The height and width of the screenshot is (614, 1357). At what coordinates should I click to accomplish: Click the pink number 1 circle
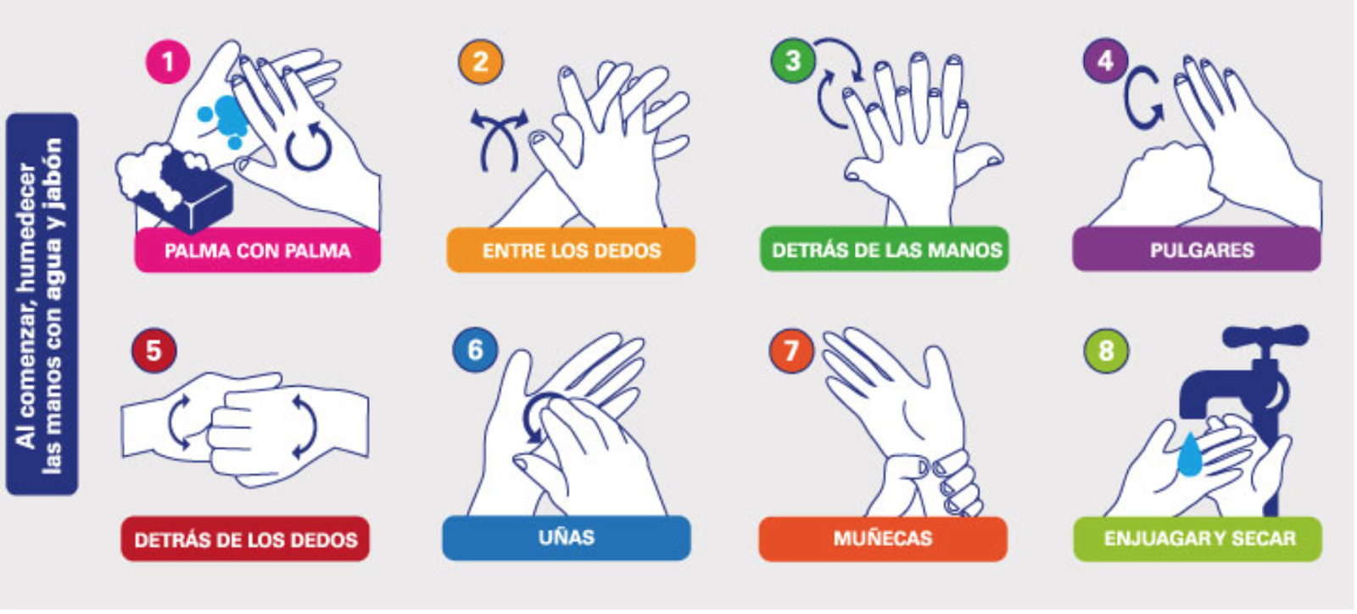point(168,61)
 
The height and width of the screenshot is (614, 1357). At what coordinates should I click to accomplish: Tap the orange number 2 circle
point(480,61)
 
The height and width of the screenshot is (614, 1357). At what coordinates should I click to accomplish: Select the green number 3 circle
point(793,60)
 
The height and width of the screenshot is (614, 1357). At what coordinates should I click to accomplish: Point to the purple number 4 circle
point(1106,60)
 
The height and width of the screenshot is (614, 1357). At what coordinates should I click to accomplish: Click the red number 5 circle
point(154,350)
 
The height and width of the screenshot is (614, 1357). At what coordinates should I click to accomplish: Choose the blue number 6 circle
point(475,349)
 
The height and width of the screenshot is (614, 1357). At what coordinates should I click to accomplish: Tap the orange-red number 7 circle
point(791,350)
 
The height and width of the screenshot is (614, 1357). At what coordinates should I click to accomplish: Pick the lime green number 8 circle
point(1106,350)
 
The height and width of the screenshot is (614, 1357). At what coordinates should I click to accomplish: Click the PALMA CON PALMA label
point(258,251)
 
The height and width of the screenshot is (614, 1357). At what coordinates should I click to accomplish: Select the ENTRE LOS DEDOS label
point(571,250)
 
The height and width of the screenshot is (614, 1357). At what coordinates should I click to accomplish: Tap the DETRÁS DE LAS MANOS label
point(885,248)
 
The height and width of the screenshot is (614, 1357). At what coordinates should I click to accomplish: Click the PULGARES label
point(1197,248)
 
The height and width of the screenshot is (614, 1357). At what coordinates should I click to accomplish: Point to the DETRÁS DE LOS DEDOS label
point(245,539)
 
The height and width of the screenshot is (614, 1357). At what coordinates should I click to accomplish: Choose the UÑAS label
point(567,538)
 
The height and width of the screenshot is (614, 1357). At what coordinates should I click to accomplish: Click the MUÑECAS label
point(883,539)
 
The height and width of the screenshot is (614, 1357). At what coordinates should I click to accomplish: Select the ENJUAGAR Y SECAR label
point(1198,539)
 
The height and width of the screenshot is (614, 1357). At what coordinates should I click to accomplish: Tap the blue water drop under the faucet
point(1190,455)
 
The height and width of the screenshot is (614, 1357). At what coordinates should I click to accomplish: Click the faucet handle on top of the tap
point(1266,337)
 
